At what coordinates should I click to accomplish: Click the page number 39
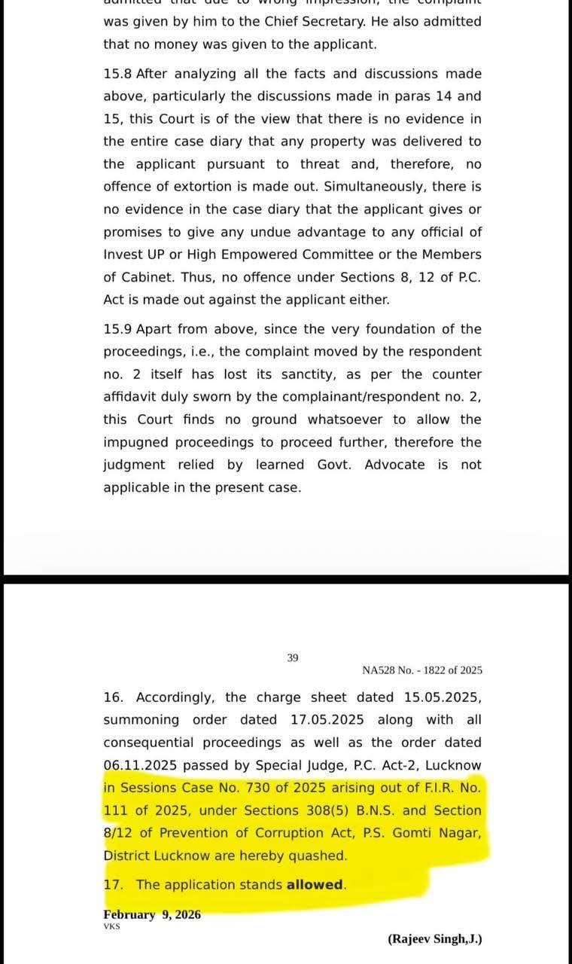tap(293, 657)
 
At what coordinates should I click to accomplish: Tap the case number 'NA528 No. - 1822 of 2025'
tap(422, 670)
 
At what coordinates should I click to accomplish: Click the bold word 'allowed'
tap(315, 885)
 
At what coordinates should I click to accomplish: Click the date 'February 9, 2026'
tap(152, 914)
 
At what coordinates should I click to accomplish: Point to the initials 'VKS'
tap(111, 926)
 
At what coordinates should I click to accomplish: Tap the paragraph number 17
tap(112, 885)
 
